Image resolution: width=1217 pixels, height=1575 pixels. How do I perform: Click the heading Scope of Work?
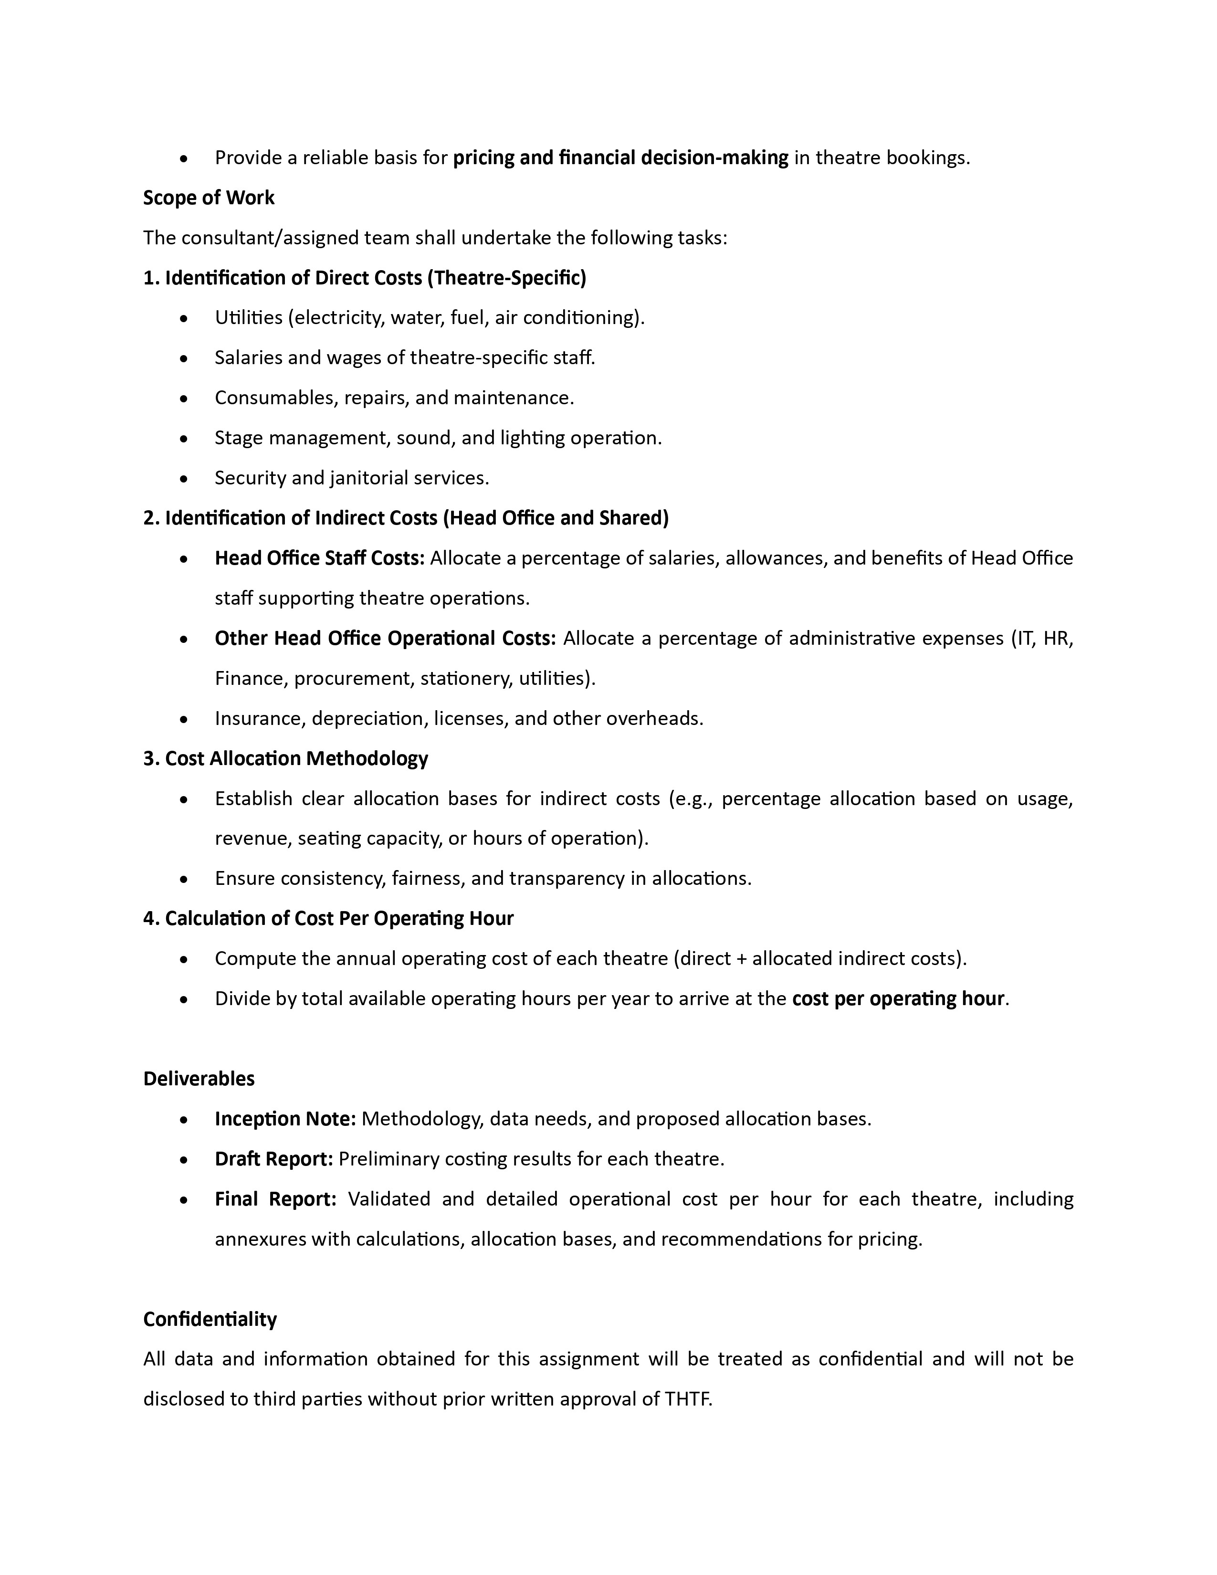pyautogui.click(x=209, y=198)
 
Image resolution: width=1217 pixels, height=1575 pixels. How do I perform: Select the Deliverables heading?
pyautogui.click(x=199, y=1079)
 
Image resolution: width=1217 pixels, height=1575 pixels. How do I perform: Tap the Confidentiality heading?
pyautogui.click(x=210, y=1319)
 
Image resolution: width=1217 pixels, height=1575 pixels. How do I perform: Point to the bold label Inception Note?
pyautogui.click(x=285, y=1119)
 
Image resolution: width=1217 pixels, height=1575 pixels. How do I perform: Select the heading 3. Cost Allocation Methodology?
pyautogui.click(x=285, y=759)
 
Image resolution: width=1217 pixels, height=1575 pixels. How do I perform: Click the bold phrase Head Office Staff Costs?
pyautogui.click(x=319, y=558)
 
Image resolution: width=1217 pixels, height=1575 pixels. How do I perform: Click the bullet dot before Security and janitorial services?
pyautogui.click(x=185, y=479)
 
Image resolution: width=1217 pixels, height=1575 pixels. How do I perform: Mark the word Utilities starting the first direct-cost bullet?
pyautogui.click(x=248, y=317)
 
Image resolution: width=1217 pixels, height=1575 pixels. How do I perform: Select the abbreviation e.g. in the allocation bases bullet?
pyautogui.click(x=693, y=798)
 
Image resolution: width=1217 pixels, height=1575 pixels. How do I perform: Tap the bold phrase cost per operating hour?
pyautogui.click(x=898, y=999)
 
